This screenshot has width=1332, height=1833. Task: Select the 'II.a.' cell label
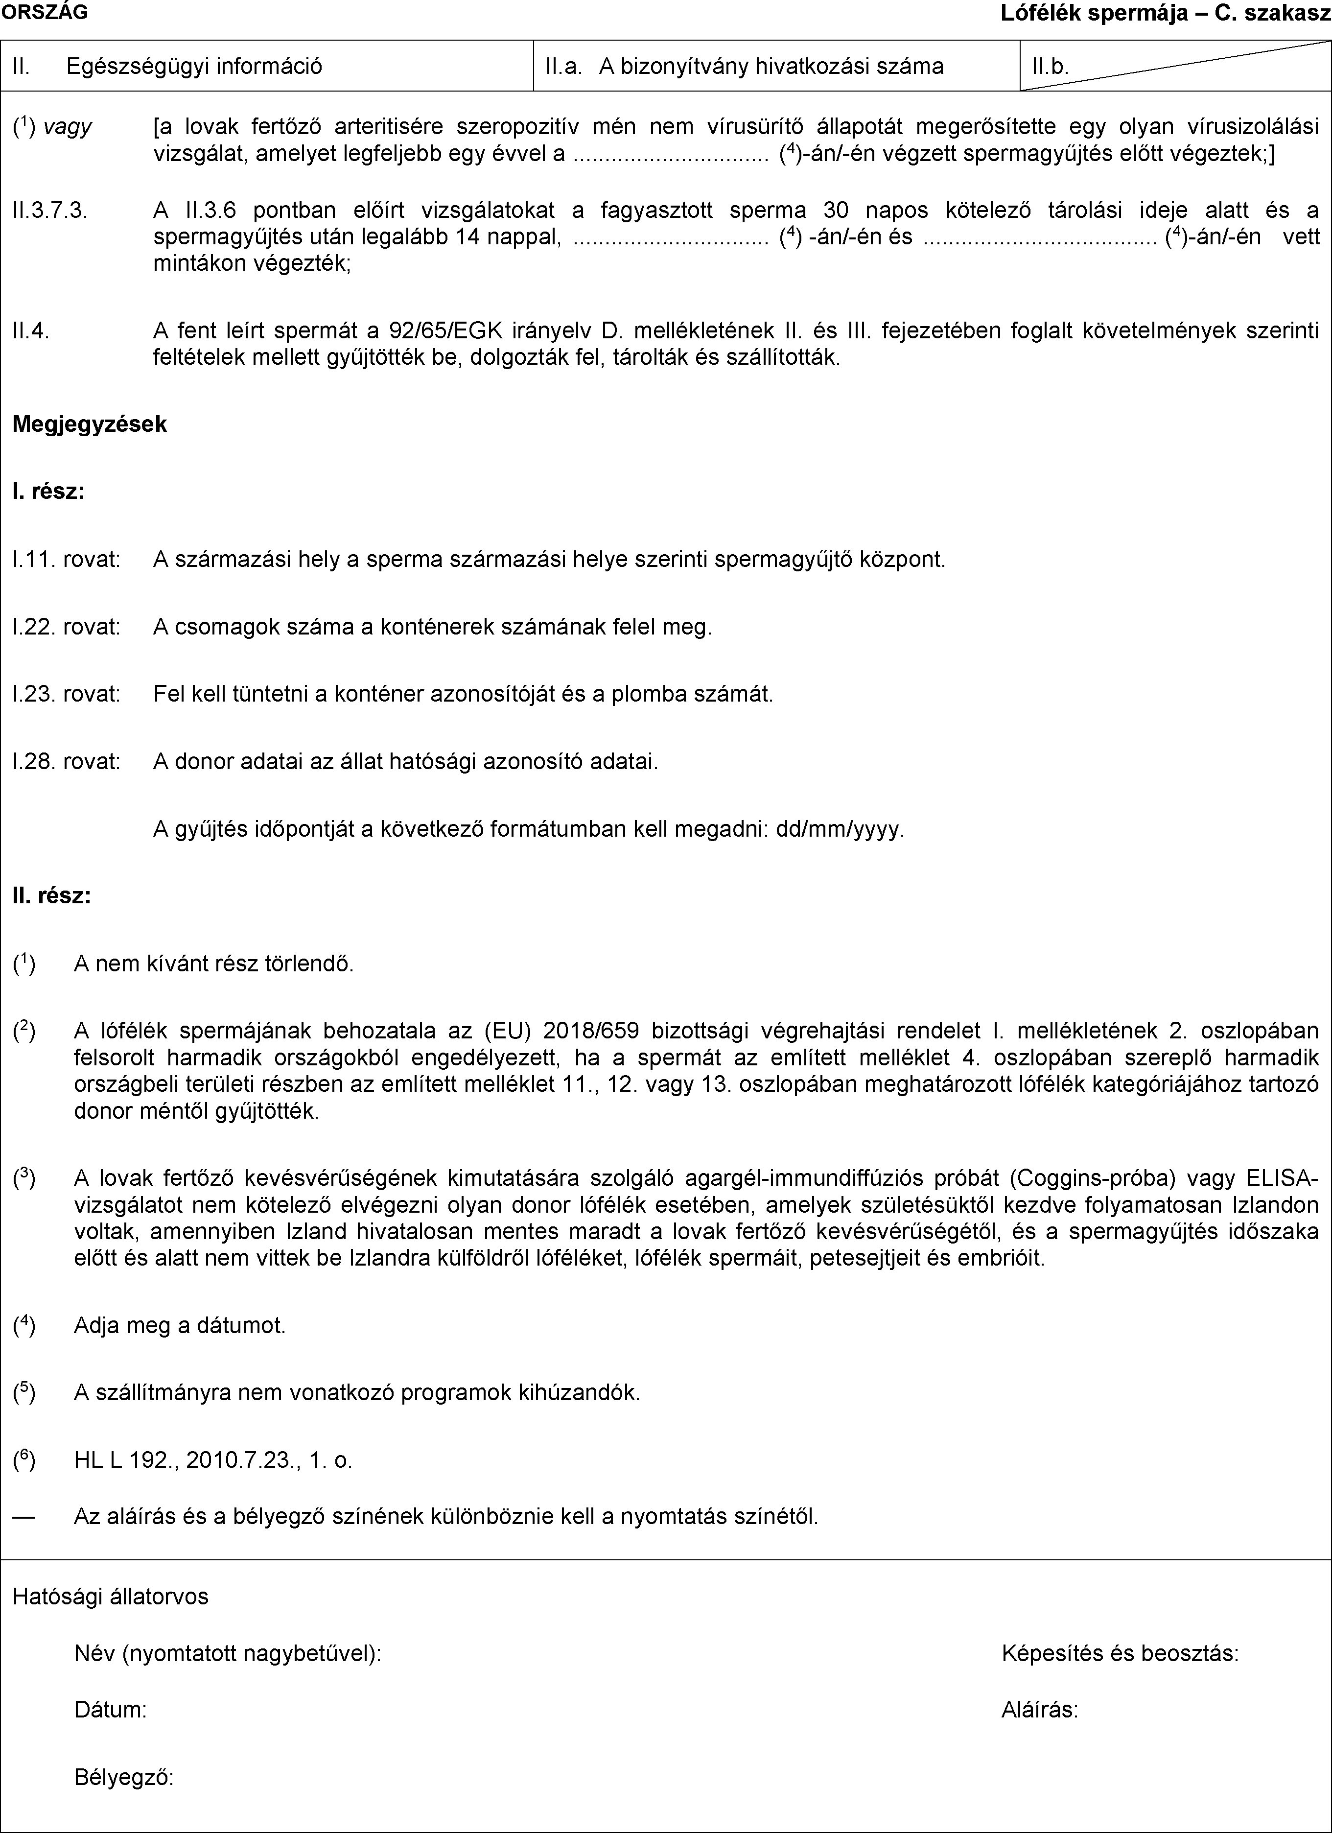pyautogui.click(x=564, y=66)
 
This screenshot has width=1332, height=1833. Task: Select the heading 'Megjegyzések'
pyautogui.click(x=90, y=424)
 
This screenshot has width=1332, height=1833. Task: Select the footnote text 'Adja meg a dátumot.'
pyautogui.click(x=180, y=1325)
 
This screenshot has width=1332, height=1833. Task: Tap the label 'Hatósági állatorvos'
pyautogui.click(x=111, y=1596)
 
